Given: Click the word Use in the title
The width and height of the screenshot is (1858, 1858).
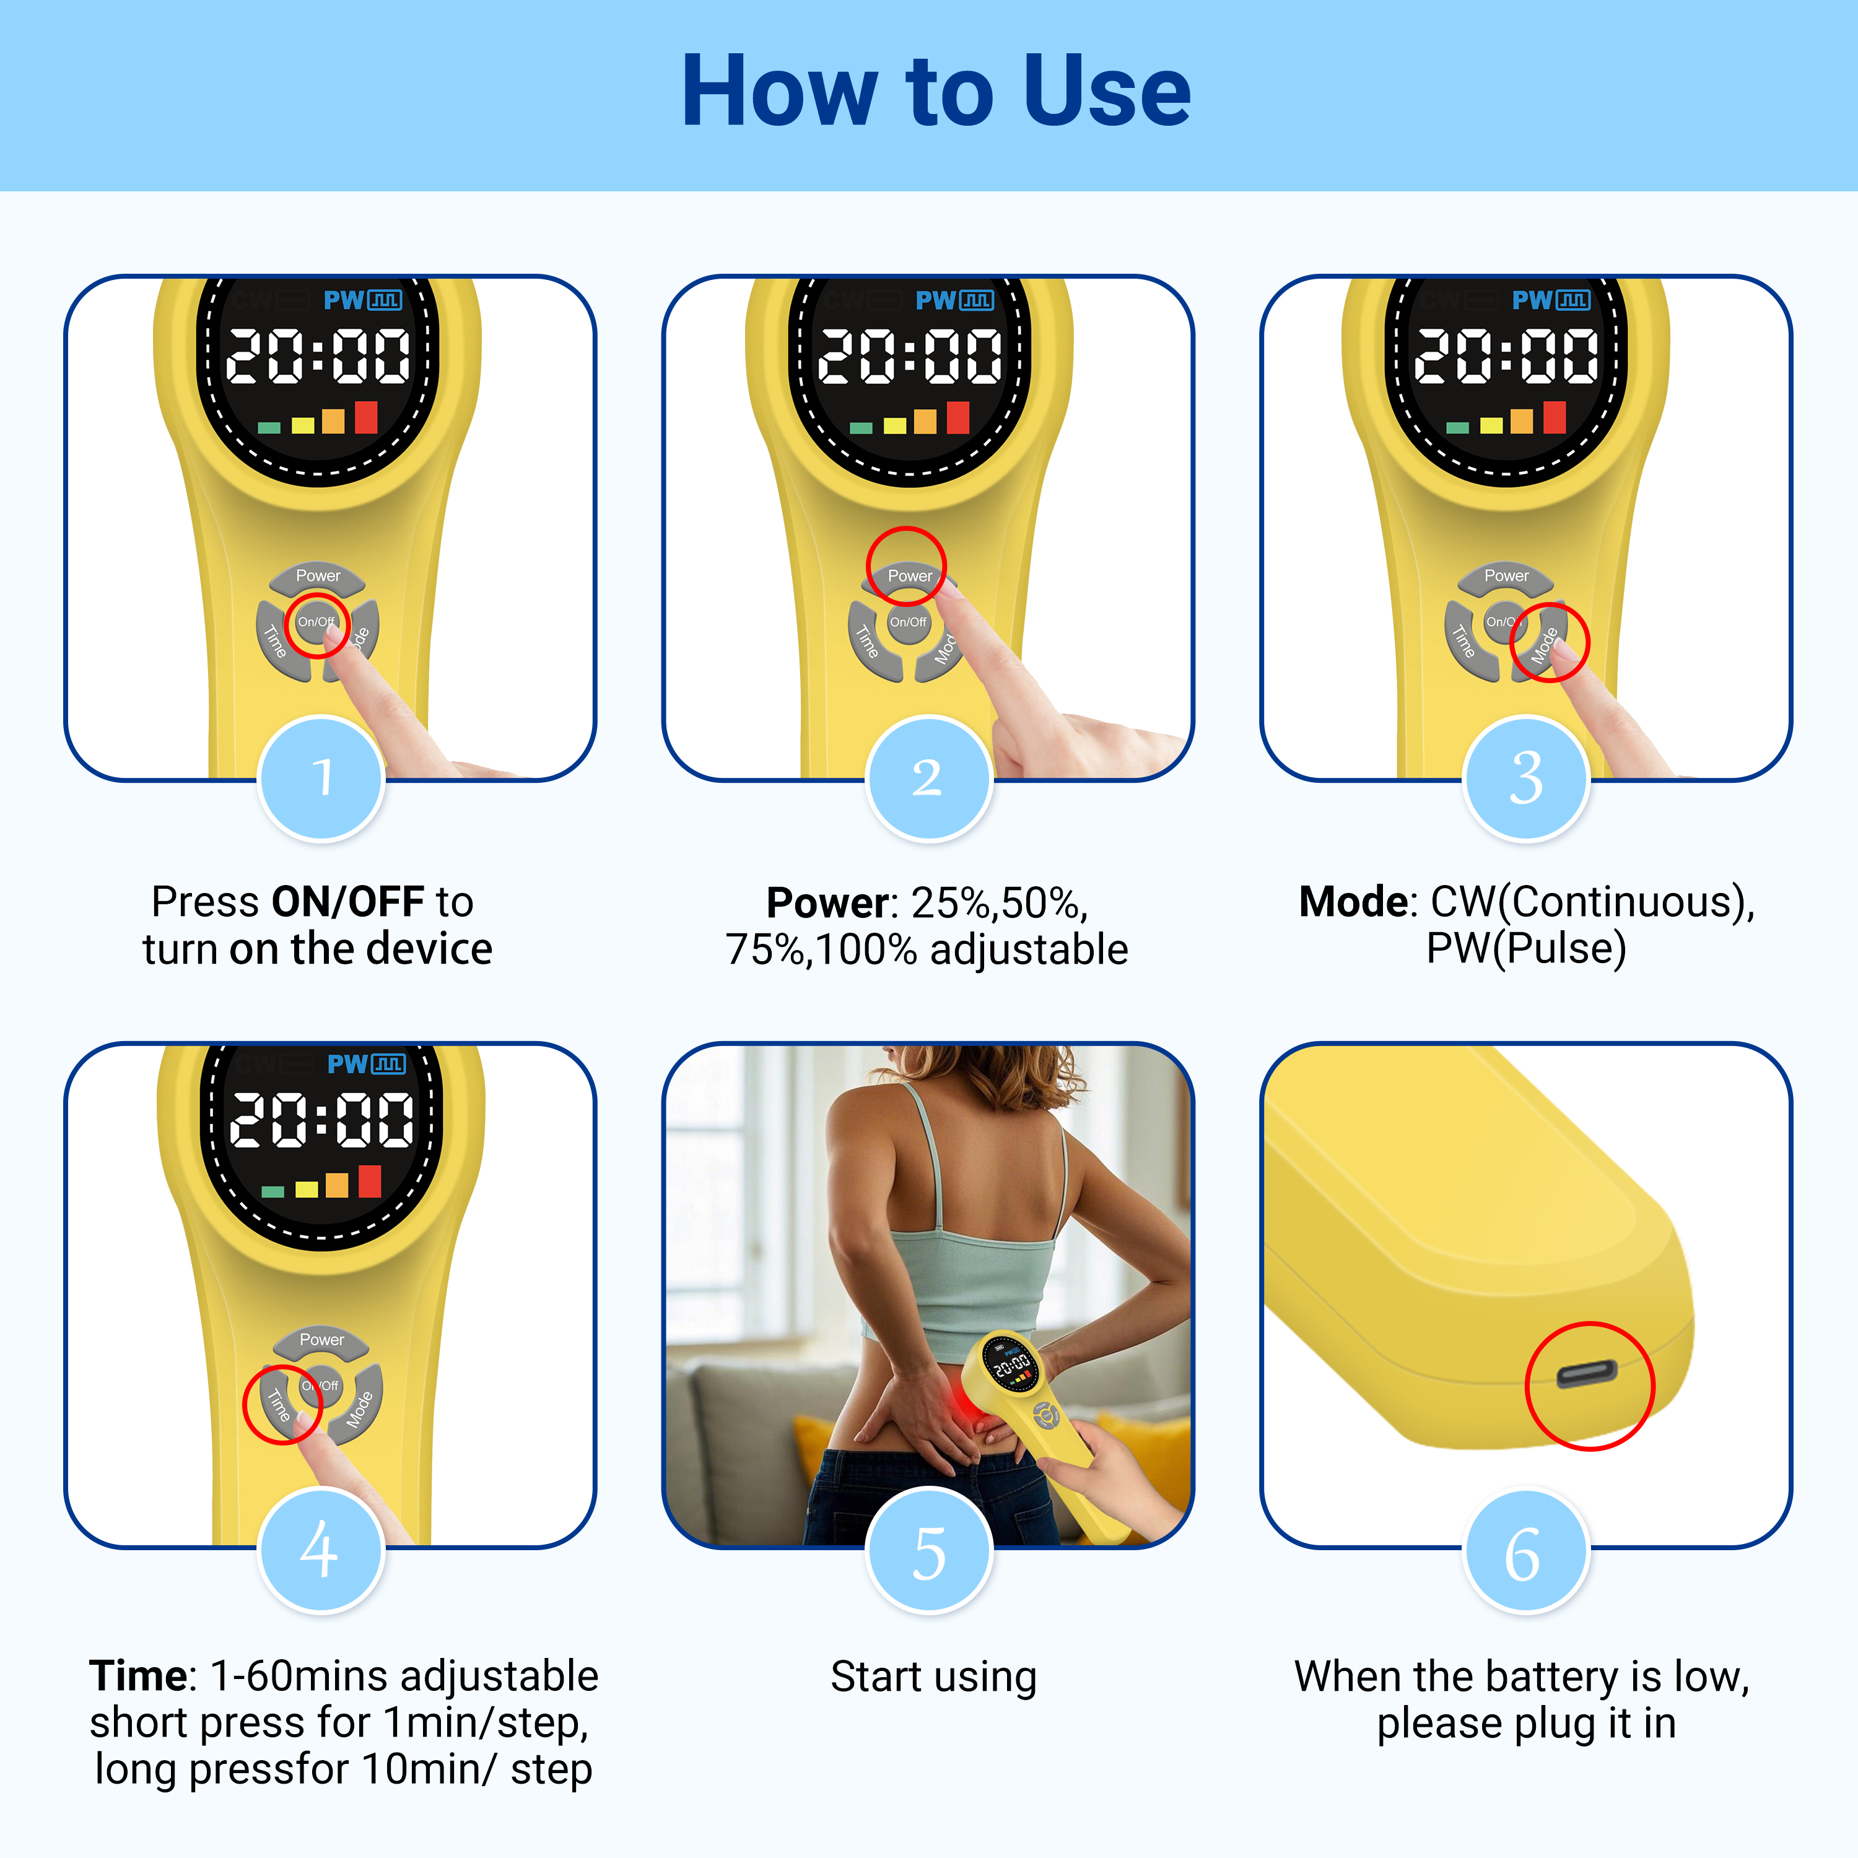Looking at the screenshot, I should click(1106, 92).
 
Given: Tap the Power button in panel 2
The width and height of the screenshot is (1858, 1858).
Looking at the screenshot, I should click(909, 576).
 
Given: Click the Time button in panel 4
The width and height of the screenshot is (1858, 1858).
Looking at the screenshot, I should click(278, 1404).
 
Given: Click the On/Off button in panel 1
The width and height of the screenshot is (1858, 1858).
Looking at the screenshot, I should click(316, 622).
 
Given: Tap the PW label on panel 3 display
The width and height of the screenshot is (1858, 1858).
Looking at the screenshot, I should click(1531, 300).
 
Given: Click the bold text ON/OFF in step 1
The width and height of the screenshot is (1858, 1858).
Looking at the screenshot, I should click(347, 902).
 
